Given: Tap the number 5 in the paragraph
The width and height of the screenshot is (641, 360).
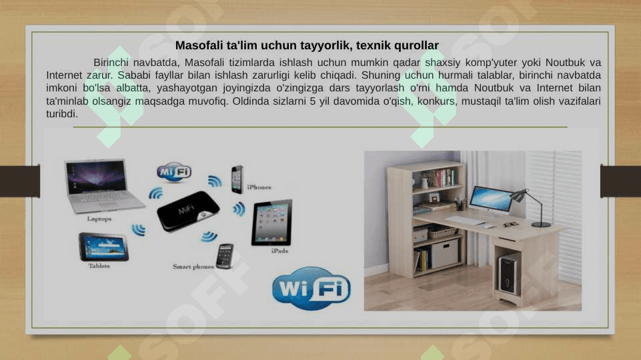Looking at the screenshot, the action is pyautogui.click(x=313, y=101).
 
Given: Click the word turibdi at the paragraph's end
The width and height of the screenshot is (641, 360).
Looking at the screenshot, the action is pyautogui.click(x=62, y=114).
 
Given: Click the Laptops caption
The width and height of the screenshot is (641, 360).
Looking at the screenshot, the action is pyautogui.click(x=99, y=219).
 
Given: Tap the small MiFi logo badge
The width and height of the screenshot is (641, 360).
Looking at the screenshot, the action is pyautogui.click(x=174, y=172).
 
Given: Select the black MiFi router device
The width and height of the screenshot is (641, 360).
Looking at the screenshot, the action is pyautogui.click(x=189, y=211).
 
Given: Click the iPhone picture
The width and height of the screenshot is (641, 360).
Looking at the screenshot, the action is pyautogui.click(x=237, y=179).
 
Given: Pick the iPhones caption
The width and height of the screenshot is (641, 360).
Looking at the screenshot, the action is pyautogui.click(x=259, y=187).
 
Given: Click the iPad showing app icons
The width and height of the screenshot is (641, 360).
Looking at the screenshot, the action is pyautogui.click(x=272, y=222).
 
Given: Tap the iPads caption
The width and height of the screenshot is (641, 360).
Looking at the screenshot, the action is pyautogui.click(x=279, y=251).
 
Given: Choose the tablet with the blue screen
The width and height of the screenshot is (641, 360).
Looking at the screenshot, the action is pyautogui.click(x=104, y=247).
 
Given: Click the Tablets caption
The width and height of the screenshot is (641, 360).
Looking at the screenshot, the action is pyautogui.click(x=99, y=266).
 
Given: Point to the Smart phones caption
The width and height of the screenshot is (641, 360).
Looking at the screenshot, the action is pyautogui.click(x=193, y=267).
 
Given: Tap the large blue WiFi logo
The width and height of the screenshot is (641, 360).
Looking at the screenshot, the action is pyautogui.click(x=311, y=288).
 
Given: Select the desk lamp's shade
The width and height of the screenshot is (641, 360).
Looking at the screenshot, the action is pyautogui.click(x=518, y=195).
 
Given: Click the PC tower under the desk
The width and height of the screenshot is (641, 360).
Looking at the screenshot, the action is pyautogui.click(x=508, y=274).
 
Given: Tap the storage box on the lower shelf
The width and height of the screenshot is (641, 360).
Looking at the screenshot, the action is pyautogui.click(x=445, y=254).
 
